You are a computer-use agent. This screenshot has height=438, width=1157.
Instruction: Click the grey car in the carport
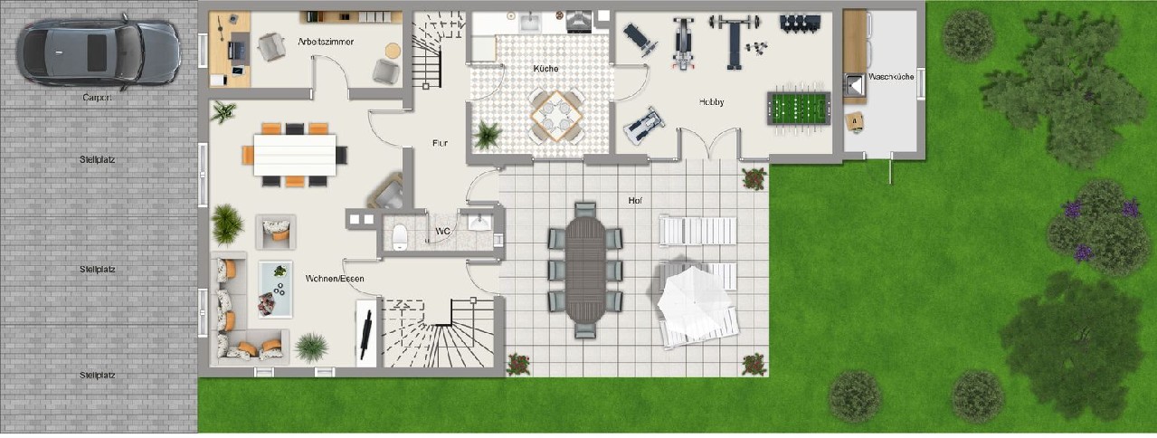pyautogui.click(x=98, y=52)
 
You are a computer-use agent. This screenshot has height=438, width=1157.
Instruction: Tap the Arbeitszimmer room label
pyautogui.click(x=326, y=42)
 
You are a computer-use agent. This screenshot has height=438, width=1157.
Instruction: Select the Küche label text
pyautogui.click(x=546, y=68)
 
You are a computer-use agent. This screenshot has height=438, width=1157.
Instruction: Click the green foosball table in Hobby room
pyautogui.click(x=799, y=109)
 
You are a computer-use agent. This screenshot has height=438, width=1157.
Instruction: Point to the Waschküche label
pyautogui.click(x=891, y=76)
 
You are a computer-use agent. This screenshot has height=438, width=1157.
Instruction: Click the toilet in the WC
pyautogui.click(x=400, y=237)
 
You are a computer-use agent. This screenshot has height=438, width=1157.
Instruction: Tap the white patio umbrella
pyautogui.click(x=694, y=301)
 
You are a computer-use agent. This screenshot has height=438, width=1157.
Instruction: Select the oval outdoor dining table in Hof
pyautogui.click(x=585, y=270)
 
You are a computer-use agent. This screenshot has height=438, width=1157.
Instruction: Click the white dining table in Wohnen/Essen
pyautogui.click(x=295, y=155)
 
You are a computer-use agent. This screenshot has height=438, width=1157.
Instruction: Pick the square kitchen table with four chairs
pyautogui.click(x=557, y=116)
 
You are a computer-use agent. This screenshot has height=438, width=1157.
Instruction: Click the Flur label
pyautogui.click(x=440, y=143)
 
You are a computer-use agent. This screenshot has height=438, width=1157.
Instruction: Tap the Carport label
pyautogui.click(x=97, y=97)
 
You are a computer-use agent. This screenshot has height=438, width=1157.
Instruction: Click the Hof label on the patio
pyautogui.click(x=635, y=200)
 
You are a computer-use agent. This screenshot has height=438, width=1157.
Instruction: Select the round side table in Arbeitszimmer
pyautogui.click(x=394, y=51)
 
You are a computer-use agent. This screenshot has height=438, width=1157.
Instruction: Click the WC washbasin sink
pyautogui.click(x=480, y=224)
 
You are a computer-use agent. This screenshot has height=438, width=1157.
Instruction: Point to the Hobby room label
pyautogui.click(x=711, y=102)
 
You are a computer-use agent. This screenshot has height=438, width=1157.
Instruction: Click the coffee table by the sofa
pyautogui.click(x=276, y=290)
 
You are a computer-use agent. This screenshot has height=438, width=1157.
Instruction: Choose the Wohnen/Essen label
pyautogui.click(x=335, y=279)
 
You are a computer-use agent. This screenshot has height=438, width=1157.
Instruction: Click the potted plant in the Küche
pyautogui.click(x=487, y=136)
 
